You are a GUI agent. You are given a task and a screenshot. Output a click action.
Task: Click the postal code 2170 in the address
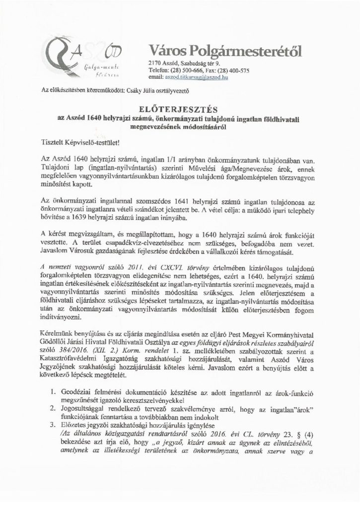155,63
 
